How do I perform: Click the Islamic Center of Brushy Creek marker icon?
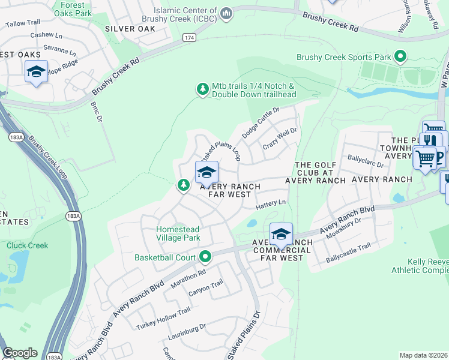(226, 13)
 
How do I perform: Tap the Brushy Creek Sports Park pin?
(400, 58)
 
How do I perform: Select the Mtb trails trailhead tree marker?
(203, 89)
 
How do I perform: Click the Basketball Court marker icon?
(206, 257)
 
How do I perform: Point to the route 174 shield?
(190, 37)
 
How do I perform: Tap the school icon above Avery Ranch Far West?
(206, 172)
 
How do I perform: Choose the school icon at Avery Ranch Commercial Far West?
(281, 234)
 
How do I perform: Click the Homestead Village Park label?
(178, 233)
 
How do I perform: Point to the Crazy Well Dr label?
(280, 139)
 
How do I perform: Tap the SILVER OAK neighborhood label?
(130, 28)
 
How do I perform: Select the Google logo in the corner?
(20, 353)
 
